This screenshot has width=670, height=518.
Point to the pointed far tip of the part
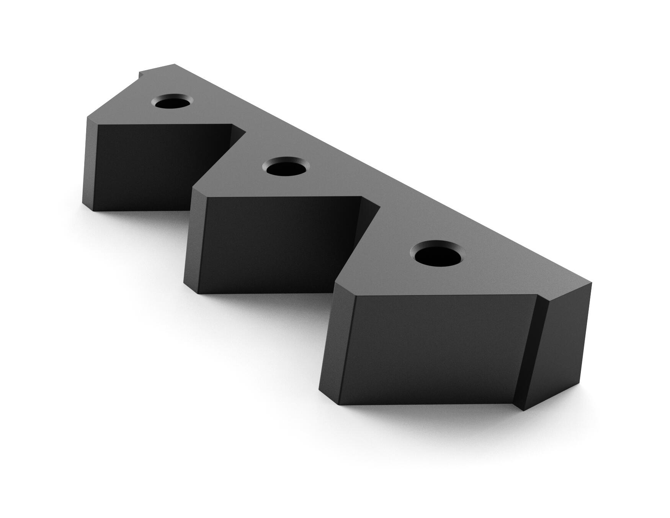pos(175,64)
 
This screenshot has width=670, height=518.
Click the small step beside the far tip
pos(140,73)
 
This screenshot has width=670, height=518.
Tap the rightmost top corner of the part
pos(591,283)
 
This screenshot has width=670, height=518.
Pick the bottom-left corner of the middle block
pos(198,293)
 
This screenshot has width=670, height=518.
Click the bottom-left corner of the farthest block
pos(93,210)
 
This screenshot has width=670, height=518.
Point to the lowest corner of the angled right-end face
pos(523,411)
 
